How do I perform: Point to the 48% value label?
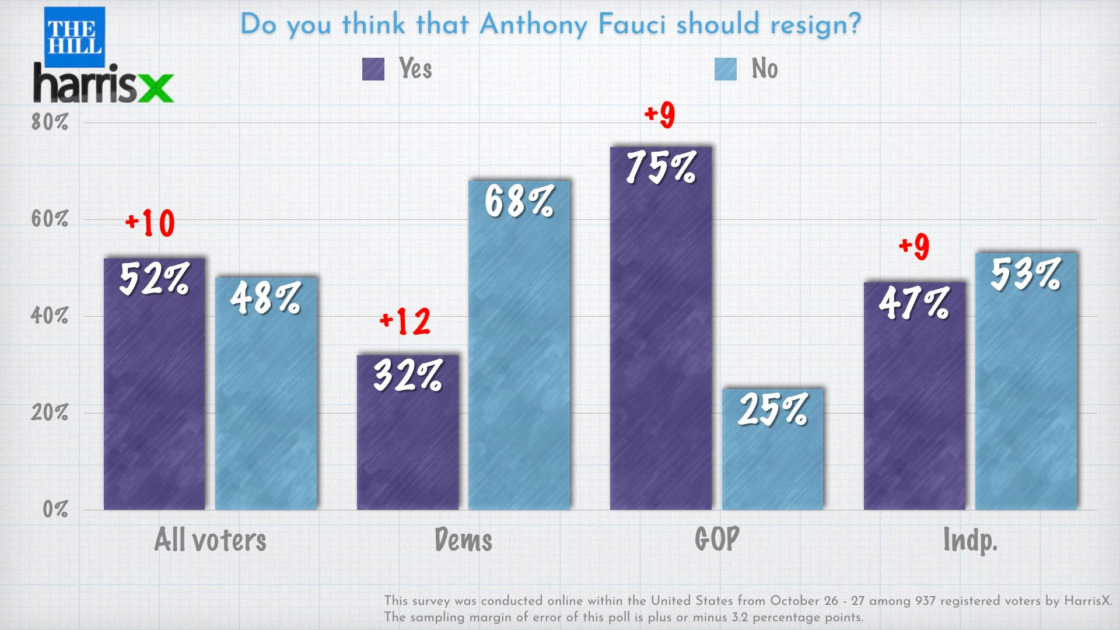[x=265, y=298]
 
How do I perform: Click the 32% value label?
[x=408, y=375]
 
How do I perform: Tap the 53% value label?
[x=1025, y=274]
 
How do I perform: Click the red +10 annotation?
[x=150, y=223]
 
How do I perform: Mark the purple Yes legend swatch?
[x=373, y=69]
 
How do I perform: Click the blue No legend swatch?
[x=726, y=69]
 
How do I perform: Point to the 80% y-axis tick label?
[x=50, y=122]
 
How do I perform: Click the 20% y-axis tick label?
[x=50, y=412]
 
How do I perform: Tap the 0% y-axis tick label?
[x=55, y=509]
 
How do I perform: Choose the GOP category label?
[x=717, y=539]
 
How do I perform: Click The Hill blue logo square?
[x=75, y=37]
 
